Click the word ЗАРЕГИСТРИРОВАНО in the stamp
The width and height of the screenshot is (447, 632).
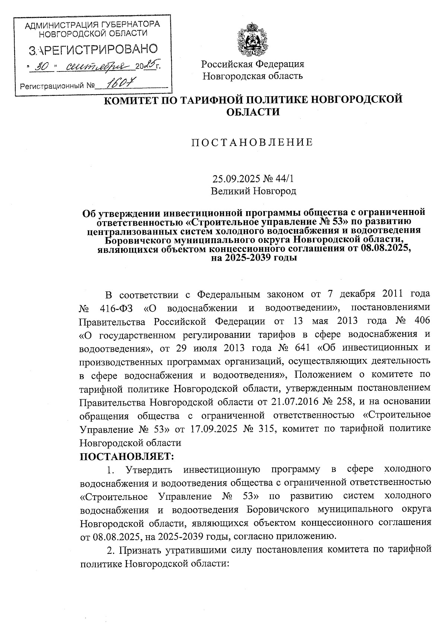click(x=93, y=49)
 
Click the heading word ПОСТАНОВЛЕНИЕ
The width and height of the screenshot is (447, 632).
click(x=252, y=143)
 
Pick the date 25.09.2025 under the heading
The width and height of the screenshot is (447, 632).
click(x=231, y=179)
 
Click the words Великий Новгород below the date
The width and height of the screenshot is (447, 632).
click(x=253, y=191)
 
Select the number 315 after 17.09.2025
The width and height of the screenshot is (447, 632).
click(x=264, y=428)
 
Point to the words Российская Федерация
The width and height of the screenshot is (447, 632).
click(x=253, y=64)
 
